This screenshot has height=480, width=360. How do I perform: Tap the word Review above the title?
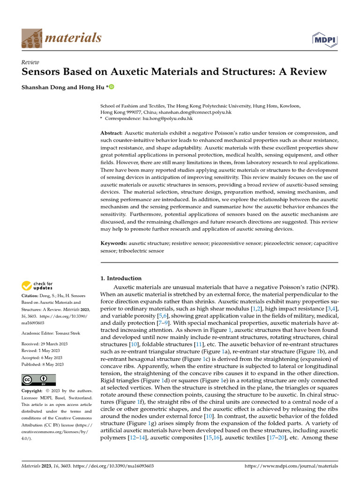coord(30,62)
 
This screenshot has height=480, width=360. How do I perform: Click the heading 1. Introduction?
coord(121,278)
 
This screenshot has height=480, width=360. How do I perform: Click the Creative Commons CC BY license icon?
coord(39,380)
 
